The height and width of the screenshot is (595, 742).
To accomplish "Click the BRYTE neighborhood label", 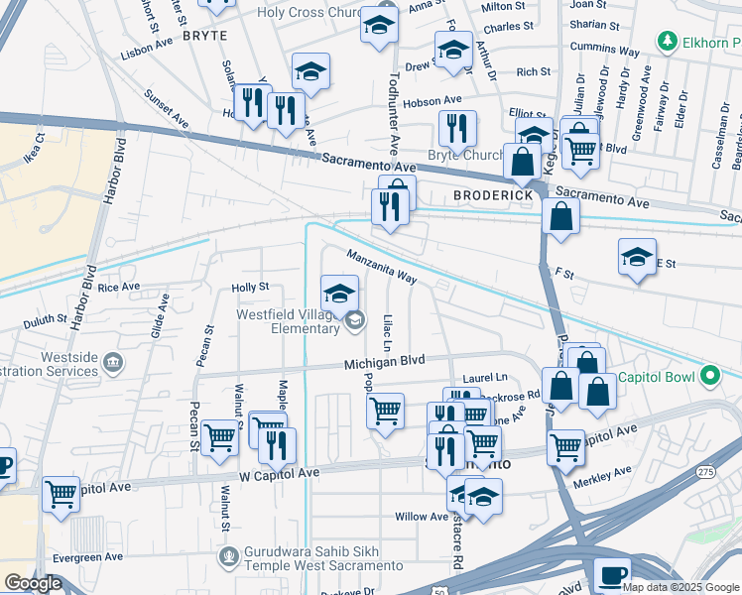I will click(204, 35).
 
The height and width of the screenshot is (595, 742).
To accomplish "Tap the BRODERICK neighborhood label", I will click(493, 195).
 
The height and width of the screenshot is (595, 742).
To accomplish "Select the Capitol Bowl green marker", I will click(709, 376).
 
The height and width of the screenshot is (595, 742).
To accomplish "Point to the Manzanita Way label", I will click(381, 267).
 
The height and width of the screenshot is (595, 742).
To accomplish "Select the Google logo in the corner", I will click(33, 583).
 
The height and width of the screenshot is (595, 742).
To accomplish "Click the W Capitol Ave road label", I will click(279, 473).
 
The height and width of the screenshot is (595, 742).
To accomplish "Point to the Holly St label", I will click(250, 287).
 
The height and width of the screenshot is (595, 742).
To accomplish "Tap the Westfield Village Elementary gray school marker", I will click(354, 319).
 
